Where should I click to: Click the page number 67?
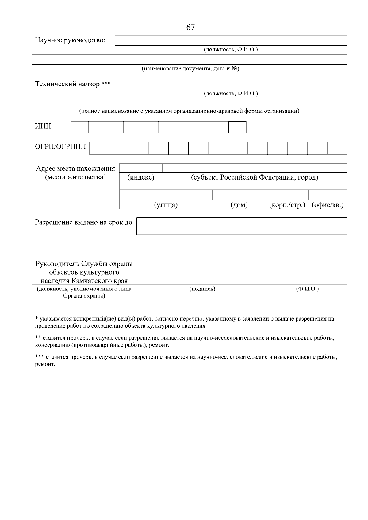190,28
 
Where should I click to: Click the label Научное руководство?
70,40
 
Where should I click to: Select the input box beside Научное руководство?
231,40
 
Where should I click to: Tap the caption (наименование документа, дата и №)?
190,69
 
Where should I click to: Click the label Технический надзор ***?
73,84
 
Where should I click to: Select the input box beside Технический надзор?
231,84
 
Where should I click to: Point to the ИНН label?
43,127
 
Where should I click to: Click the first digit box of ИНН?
80,127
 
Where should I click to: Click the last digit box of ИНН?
237,127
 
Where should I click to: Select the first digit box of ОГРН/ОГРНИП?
99,148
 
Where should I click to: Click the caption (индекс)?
141,177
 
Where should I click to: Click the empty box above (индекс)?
141,168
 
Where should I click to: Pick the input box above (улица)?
166,195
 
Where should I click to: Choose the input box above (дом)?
239,195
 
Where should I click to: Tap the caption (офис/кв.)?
328,205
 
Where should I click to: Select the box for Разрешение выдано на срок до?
241,226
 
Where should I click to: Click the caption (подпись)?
202,289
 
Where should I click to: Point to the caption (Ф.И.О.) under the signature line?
307,289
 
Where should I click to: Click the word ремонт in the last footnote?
45,365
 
